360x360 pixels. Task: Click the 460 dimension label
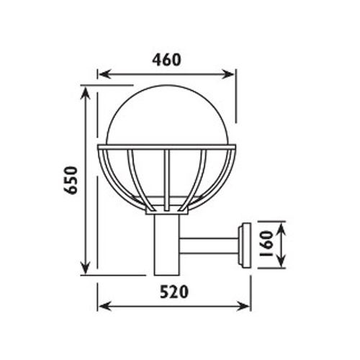tap(166, 60)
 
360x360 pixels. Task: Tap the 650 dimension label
tap(71, 181)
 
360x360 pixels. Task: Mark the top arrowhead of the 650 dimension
tap(88, 92)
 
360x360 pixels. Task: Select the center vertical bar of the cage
tap(167, 176)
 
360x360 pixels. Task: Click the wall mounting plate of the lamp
tap(243, 245)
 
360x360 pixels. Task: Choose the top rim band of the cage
tap(167, 149)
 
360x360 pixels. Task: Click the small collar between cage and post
tap(167, 211)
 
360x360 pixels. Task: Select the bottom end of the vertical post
tap(167, 274)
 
